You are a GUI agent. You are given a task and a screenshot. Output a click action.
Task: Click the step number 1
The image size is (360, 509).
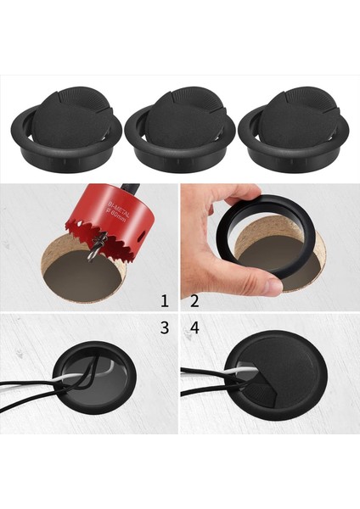tap(165, 299)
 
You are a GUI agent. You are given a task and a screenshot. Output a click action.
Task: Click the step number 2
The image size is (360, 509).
tap(194, 299)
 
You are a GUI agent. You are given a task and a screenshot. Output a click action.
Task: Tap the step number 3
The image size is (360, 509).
tap(165, 327)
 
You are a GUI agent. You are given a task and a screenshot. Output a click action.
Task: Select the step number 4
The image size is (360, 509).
tap(194, 327)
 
